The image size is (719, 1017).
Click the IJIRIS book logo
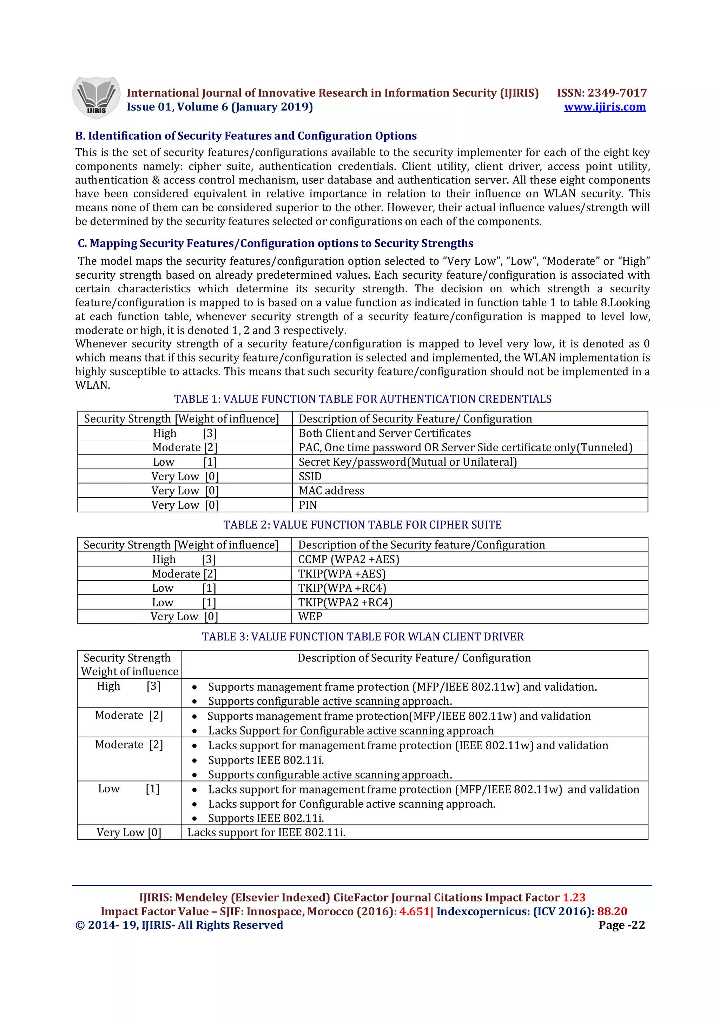click(x=96, y=98)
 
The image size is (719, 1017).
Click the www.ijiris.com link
click(x=604, y=107)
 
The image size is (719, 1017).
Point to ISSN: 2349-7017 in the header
click(x=602, y=93)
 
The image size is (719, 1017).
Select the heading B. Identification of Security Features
click(x=246, y=135)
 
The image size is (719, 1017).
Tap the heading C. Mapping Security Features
click(x=275, y=243)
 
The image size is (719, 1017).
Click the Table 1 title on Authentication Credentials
click(x=362, y=399)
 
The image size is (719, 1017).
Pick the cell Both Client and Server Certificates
click(x=384, y=433)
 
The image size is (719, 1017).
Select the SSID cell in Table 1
click(x=310, y=476)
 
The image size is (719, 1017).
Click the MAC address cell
click(x=331, y=491)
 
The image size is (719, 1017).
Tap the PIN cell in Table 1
click(x=308, y=505)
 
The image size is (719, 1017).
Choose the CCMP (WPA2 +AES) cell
click(x=349, y=559)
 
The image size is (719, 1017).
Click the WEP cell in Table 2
click(x=310, y=617)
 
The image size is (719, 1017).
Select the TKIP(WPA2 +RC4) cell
click(x=345, y=603)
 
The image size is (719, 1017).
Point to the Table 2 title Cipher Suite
click(x=362, y=525)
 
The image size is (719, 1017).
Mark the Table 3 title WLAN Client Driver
click(x=362, y=637)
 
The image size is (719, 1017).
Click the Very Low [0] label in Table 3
click(x=129, y=832)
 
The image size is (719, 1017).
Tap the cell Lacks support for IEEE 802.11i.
click(x=266, y=832)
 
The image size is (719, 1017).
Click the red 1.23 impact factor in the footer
click(x=574, y=897)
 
